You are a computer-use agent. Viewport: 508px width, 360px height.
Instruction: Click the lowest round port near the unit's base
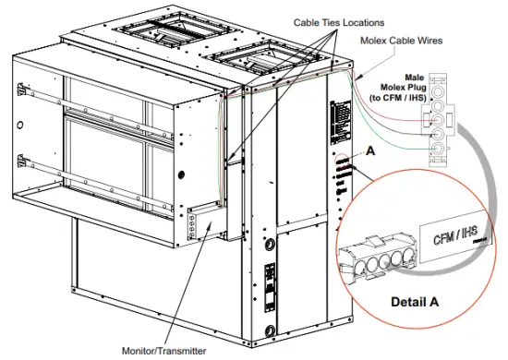coord(270,331)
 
